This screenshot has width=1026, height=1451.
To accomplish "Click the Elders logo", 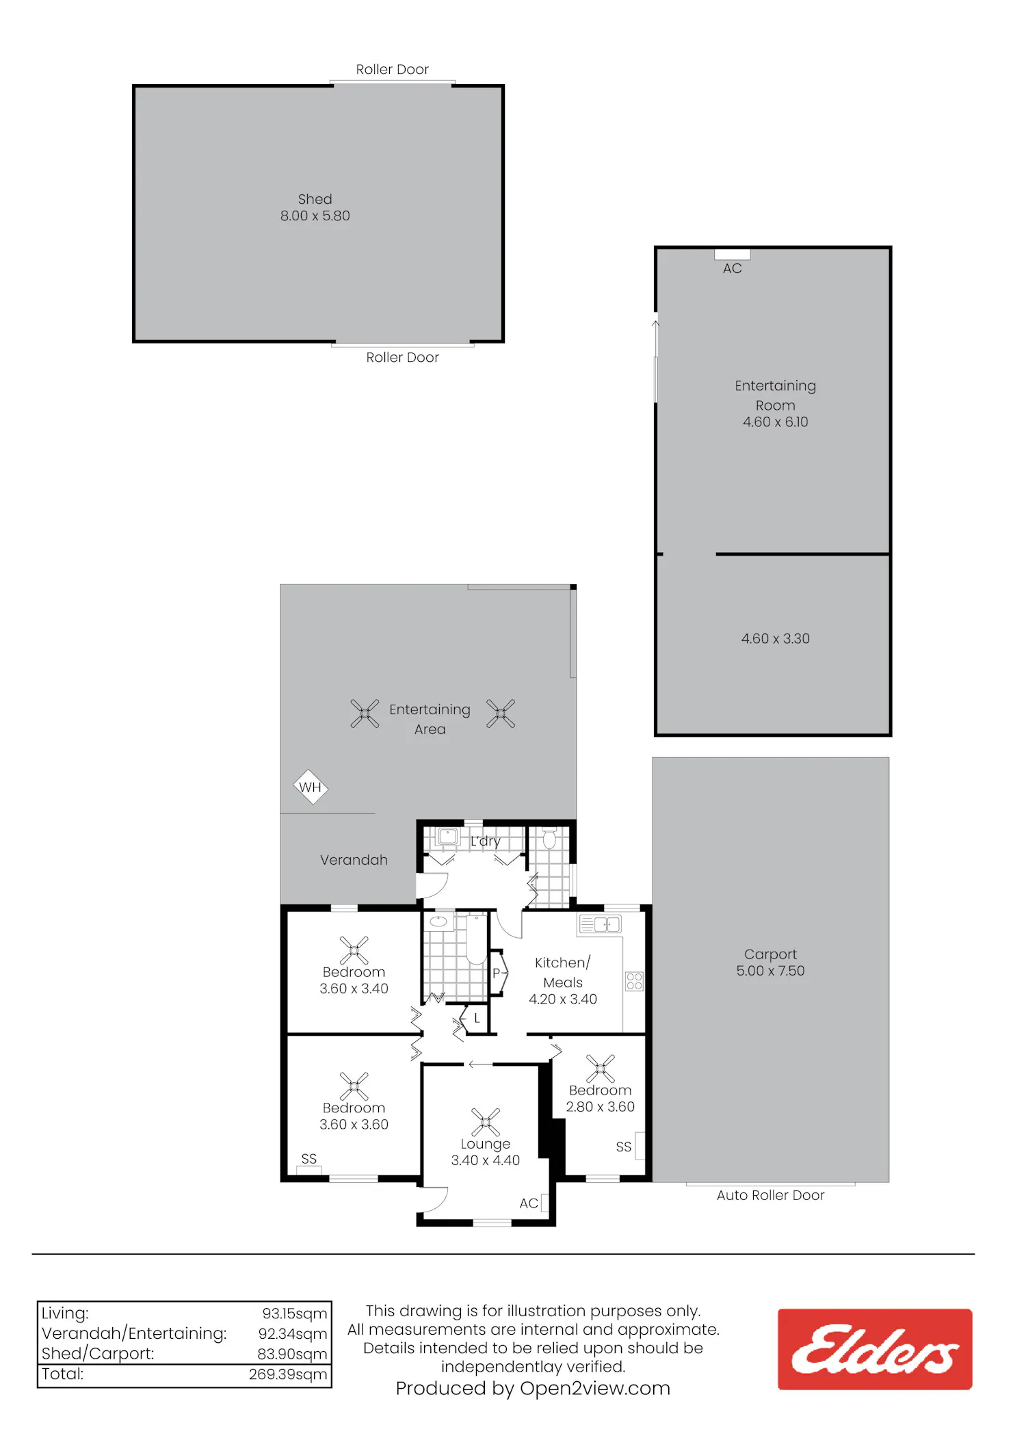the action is click(x=875, y=1349).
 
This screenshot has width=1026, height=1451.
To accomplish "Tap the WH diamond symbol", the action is click(x=311, y=787).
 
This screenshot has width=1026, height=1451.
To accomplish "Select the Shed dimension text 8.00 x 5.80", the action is click(x=315, y=216).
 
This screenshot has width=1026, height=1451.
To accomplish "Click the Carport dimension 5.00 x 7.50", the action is click(x=770, y=971).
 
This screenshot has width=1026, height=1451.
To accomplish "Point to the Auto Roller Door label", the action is click(x=770, y=1195).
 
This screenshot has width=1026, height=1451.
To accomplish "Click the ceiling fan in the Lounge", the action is click(x=486, y=1122).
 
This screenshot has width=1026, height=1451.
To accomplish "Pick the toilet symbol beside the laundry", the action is click(x=549, y=839).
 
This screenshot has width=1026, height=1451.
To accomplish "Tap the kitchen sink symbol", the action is click(x=600, y=925).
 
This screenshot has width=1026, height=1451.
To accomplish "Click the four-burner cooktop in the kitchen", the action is click(x=634, y=982).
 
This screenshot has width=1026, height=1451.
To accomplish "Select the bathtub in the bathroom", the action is click(x=477, y=939).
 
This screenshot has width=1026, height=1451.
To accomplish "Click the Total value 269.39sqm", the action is click(x=288, y=1374).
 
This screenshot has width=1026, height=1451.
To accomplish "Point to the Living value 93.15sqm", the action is click(x=295, y=1313).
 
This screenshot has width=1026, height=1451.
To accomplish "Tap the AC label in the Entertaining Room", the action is click(x=732, y=269).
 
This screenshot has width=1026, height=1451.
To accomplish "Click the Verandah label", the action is click(x=354, y=860).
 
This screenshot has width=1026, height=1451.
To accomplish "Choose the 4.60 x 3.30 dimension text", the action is click(x=776, y=639).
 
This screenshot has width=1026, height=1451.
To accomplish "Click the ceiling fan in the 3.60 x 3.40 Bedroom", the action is click(x=354, y=950).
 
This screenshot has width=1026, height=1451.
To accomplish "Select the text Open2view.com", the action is click(x=595, y=1389).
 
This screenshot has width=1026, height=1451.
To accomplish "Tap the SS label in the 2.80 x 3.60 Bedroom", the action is click(x=623, y=1147).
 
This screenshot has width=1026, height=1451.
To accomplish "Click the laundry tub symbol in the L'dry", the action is click(x=447, y=837).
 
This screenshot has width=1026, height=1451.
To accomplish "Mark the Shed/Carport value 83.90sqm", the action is click(x=293, y=1354).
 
